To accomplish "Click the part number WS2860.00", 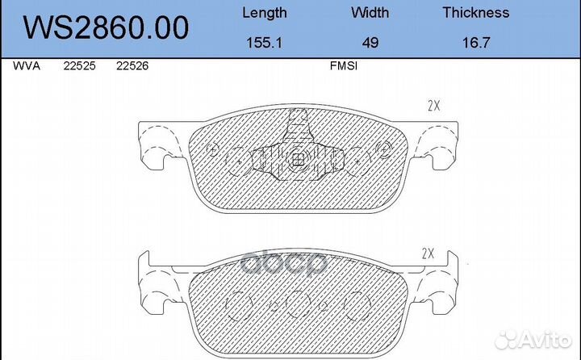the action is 106,27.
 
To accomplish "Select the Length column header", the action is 265,13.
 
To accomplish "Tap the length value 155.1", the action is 264,43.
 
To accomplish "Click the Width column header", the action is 370,13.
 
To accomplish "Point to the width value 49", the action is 370,43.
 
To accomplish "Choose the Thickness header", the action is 476,13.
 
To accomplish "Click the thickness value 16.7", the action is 476,43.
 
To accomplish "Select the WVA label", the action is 27,66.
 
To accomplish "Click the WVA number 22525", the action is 79,66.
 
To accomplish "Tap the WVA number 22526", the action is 132,66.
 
